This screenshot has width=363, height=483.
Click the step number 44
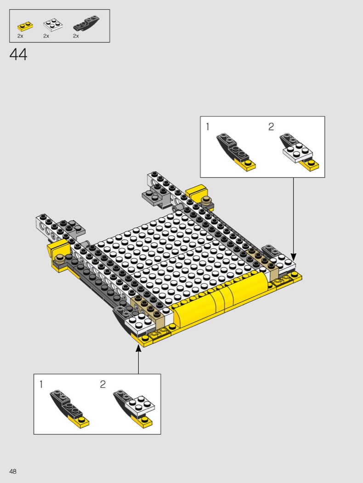18,55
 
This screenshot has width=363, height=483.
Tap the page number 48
13,471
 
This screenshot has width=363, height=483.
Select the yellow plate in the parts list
25,26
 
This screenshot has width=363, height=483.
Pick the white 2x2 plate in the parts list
53,25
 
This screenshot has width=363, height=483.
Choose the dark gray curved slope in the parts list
86,23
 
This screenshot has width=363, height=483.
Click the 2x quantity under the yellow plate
20,36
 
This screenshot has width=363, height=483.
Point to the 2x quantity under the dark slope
76,36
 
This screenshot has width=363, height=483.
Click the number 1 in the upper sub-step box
208,126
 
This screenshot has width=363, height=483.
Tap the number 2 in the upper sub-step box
271,126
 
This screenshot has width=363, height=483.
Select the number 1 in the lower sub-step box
41,384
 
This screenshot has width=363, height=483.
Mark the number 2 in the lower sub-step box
103,384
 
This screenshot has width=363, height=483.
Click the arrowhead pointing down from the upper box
293,257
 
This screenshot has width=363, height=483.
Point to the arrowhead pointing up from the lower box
138,348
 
